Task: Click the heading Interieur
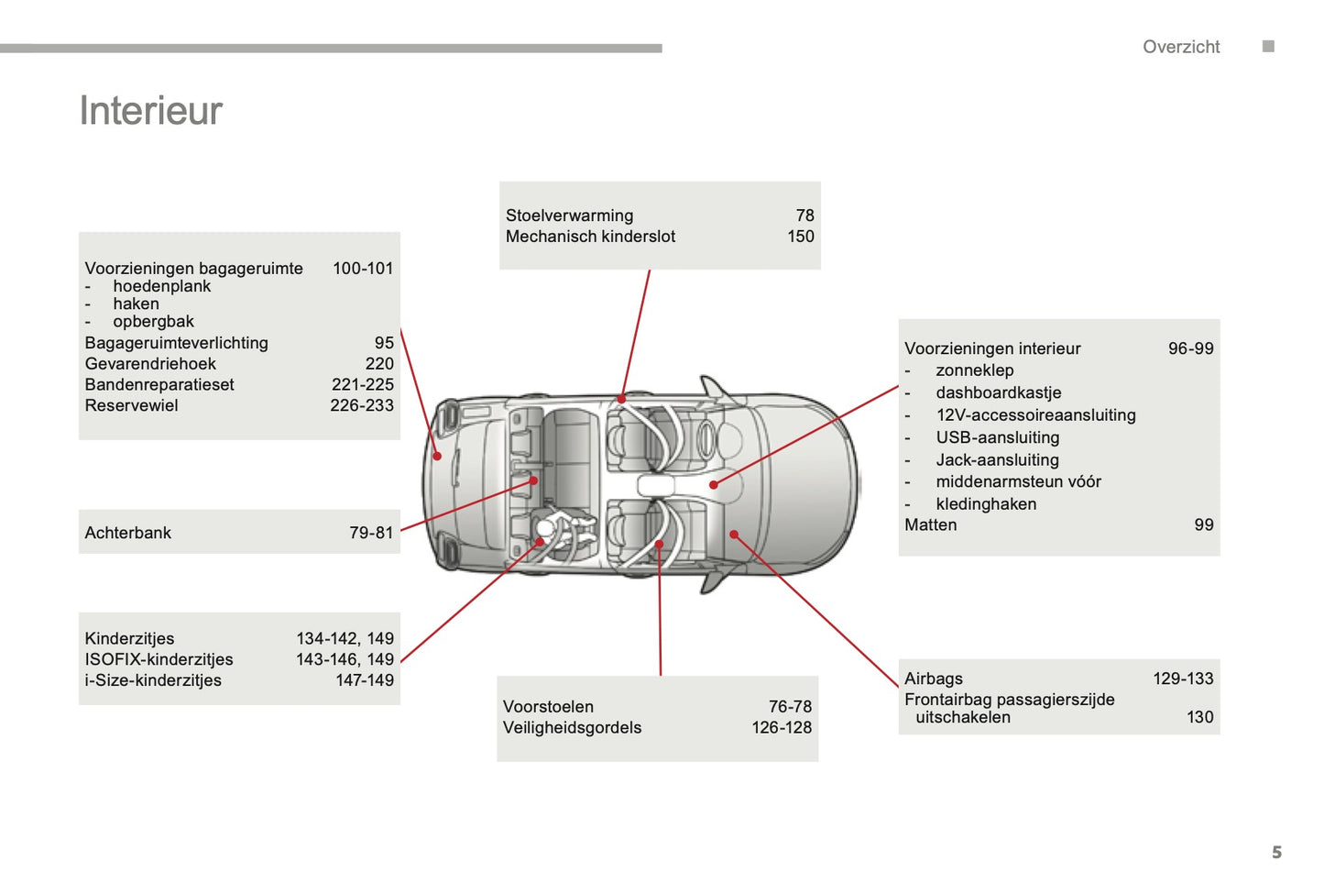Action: tap(151, 111)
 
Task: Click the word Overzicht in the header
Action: tap(1180, 47)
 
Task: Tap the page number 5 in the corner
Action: tap(1276, 852)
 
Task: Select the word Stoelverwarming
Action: tap(569, 215)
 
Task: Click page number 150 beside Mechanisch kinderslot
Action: tap(800, 237)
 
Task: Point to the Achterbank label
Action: tap(127, 533)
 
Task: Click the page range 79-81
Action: tap(370, 533)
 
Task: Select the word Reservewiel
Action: tap(131, 405)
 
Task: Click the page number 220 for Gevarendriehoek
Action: tap(378, 364)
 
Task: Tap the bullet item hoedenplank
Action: tap(161, 286)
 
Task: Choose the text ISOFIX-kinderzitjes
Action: tap(159, 659)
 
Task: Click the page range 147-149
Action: tap(364, 680)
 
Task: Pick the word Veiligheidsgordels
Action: tap(572, 728)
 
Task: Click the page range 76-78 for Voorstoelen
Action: tap(790, 707)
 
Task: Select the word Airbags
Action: tap(933, 679)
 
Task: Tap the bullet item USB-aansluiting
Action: tap(997, 437)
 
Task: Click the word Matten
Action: tap(930, 525)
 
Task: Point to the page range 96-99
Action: tap(1190, 348)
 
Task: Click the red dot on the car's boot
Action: tap(437, 456)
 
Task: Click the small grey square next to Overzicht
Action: tap(1268, 47)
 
